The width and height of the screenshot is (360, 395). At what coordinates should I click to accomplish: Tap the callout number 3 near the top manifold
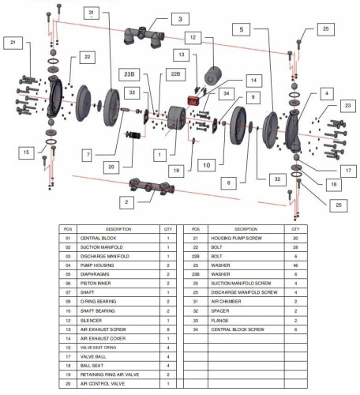click(x=157, y=18)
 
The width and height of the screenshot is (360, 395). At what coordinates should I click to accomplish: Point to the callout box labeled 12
click(x=193, y=37)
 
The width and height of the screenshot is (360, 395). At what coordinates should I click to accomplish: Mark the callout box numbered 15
click(x=28, y=152)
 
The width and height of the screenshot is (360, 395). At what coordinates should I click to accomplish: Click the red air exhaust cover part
click(x=192, y=102)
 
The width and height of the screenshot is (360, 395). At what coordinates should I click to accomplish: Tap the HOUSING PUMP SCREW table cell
click(x=256, y=237)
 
